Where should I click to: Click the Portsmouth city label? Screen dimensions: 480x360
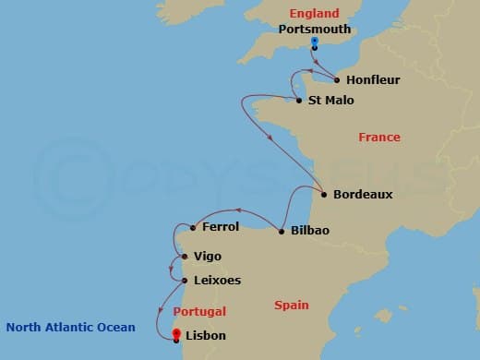click(x=315, y=30)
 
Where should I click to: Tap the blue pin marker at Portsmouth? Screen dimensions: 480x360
click(x=315, y=42)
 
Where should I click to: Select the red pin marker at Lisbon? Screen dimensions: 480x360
click(x=176, y=334)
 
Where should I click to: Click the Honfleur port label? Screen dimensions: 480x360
click(x=374, y=80)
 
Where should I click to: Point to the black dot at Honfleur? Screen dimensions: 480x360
click(x=337, y=80)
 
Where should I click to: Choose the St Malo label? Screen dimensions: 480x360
click(x=330, y=101)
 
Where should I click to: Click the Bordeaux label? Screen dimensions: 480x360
click(x=363, y=195)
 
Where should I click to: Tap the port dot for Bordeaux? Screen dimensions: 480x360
click(x=324, y=194)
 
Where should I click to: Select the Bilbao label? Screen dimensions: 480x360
click(x=310, y=231)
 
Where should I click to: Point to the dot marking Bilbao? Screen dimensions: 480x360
click(x=282, y=231)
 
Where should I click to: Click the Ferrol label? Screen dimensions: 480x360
click(x=221, y=227)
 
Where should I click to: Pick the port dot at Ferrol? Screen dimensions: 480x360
click(x=192, y=227)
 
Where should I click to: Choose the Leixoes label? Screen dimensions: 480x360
click(x=218, y=280)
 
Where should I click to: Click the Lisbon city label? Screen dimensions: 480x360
click(x=205, y=336)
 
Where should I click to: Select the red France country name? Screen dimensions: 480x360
click(x=378, y=138)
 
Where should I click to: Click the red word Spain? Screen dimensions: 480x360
click(x=291, y=305)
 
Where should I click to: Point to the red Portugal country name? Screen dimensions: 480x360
click(x=198, y=311)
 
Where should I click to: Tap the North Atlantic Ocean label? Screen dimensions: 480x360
click(x=70, y=327)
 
